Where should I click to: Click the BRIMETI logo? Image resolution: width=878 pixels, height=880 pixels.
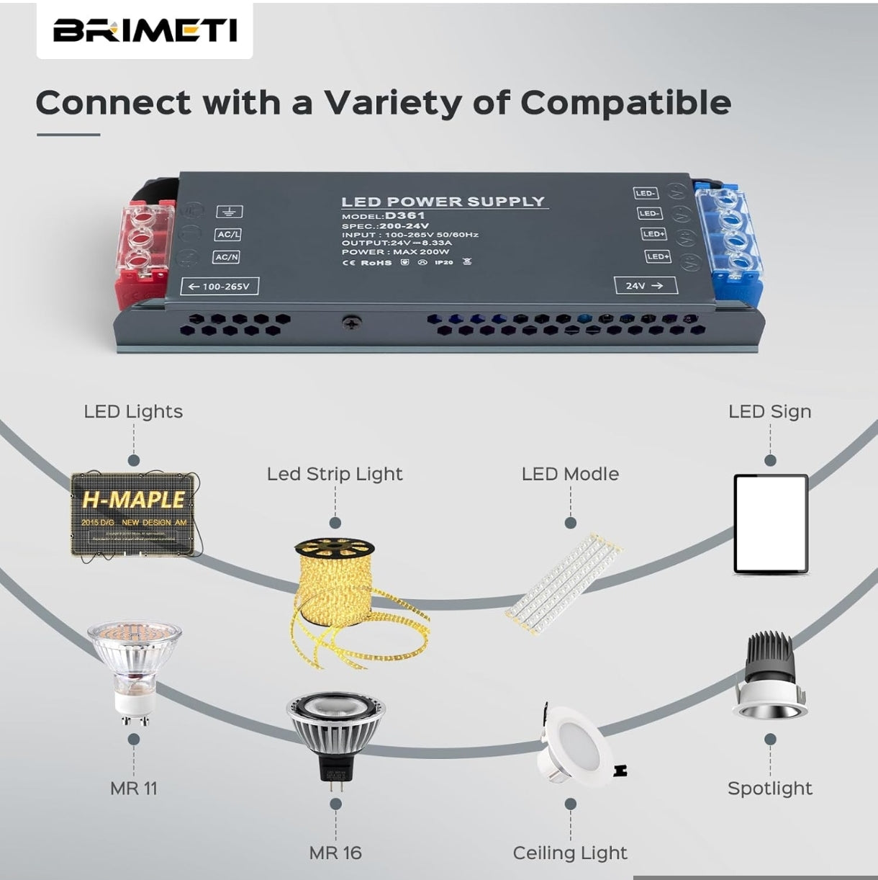coord(145,31)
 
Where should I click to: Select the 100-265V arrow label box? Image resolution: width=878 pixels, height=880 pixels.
coord(219,286)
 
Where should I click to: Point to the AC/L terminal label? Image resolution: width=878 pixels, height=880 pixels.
coord(228,234)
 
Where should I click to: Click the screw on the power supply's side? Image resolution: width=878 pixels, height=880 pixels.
coord(351,323)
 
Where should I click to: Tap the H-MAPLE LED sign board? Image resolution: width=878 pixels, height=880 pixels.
coord(134,513)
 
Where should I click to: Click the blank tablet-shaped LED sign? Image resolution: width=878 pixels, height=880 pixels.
coord(770,524)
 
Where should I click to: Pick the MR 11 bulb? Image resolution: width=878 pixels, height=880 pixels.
coord(135,670)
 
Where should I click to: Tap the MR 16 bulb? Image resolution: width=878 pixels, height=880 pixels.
coord(335,735)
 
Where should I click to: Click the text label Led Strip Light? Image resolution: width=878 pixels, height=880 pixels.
coord(334,474)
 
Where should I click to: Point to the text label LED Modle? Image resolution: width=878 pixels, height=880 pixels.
coord(570,474)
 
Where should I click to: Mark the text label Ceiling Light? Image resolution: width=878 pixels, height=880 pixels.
coord(569,853)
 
